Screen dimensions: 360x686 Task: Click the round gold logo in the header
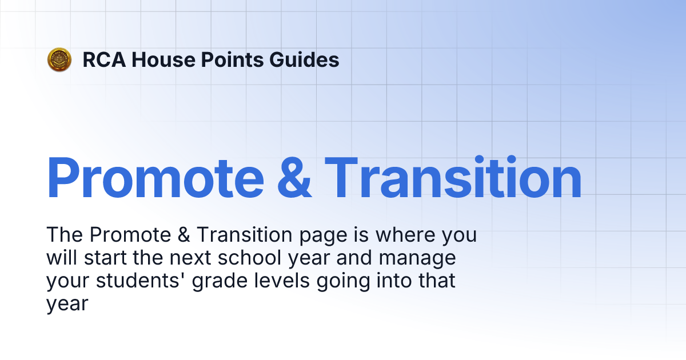59,59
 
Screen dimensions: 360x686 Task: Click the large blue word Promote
155,178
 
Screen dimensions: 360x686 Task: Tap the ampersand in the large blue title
294,178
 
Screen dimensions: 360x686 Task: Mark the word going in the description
336,281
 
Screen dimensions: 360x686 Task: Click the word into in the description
388,281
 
